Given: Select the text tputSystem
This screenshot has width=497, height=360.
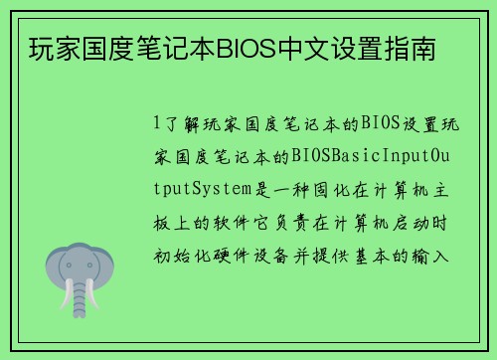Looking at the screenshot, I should coord(200,190).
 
